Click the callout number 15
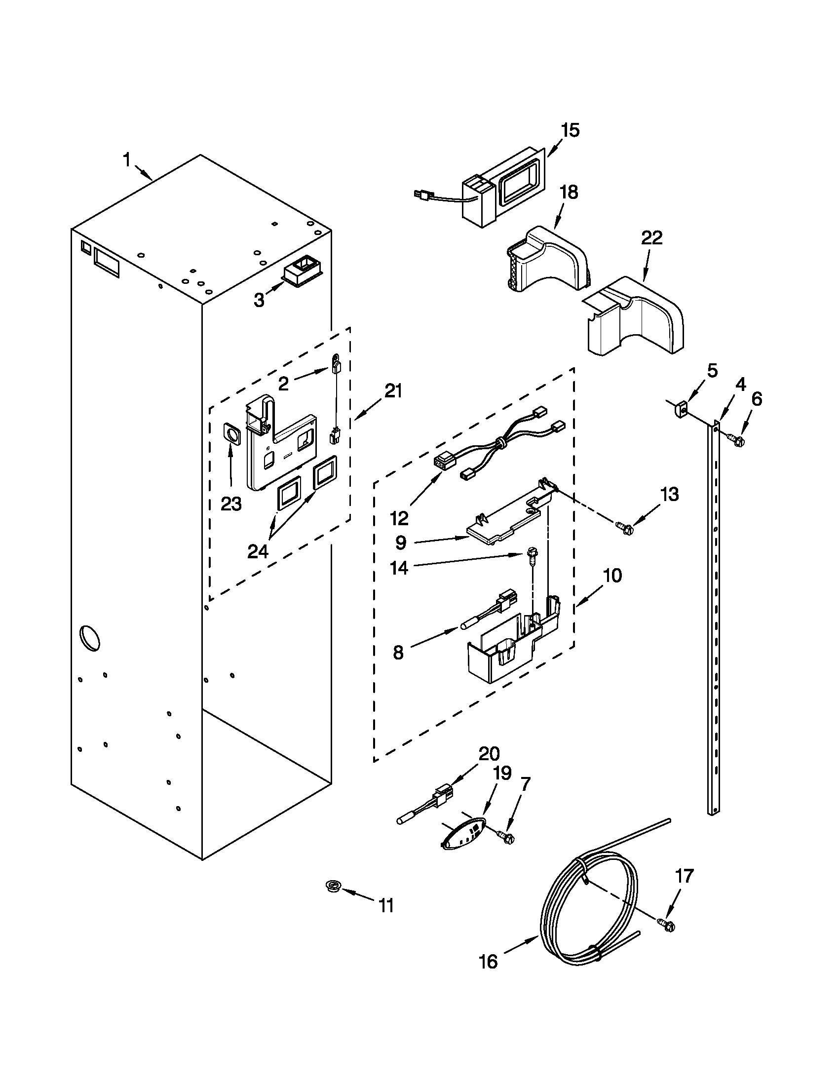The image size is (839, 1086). click(x=570, y=130)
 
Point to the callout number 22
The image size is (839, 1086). click(x=651, y=238)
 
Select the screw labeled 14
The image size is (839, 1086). click(x=530, y=557)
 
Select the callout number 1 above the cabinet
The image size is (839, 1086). click(x=127, y=160)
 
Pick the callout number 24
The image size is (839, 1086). click(x=259, y=551)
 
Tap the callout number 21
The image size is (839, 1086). click(x=393, y=391)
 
